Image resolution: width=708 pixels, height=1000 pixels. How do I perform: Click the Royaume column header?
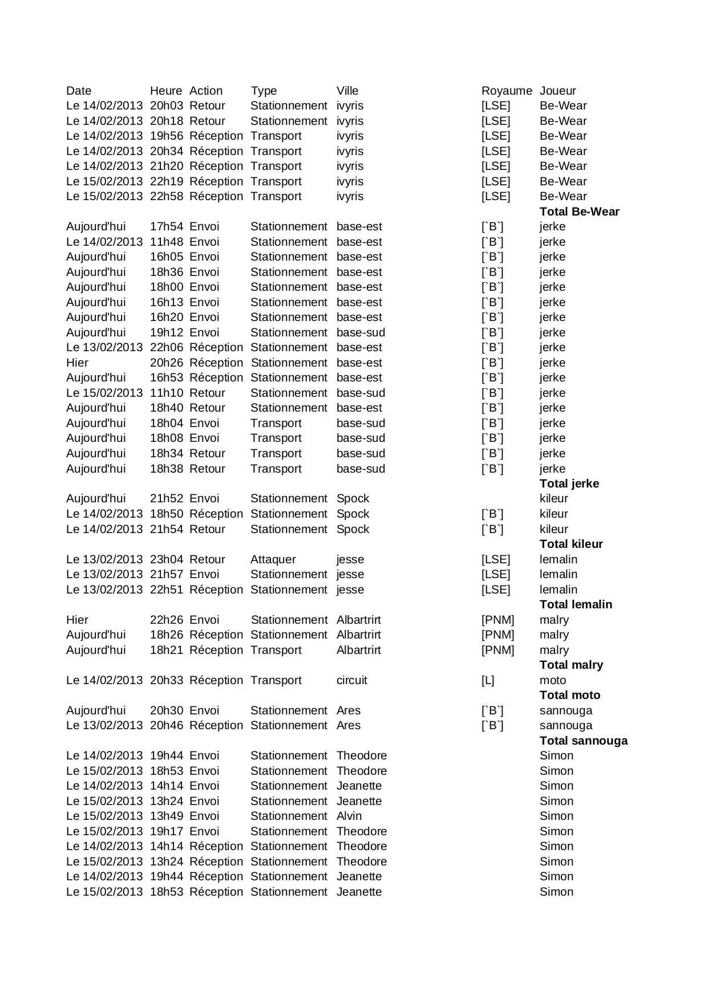(x=506, y=91)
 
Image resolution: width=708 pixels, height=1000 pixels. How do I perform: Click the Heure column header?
(x=165, y=91)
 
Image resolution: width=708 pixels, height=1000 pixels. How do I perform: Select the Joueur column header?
(x=557, y=91)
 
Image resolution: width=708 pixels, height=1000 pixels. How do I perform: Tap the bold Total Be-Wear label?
(x=579, y=212)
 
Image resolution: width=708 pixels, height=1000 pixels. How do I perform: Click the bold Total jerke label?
(x=569, y=483)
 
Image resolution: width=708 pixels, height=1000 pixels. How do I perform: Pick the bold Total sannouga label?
(x=583, y=741)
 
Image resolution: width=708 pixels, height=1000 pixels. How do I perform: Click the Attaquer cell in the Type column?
(x=273, y=559)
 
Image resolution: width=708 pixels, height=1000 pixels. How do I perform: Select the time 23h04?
(x=166, y=559)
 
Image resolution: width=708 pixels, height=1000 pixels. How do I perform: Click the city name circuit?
(x=351, y=680)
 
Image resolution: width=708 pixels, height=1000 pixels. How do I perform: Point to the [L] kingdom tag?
(x=488, y=680)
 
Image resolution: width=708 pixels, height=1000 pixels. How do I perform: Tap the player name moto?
(x=552, y=680)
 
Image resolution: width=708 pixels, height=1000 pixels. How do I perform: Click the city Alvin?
(x=349, y=816)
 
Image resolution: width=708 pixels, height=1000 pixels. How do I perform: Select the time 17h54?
(x=166, y=226)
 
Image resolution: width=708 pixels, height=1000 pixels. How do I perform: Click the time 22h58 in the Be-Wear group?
(x=166, y=196)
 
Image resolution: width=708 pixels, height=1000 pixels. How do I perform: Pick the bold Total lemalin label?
(x=576, y=604)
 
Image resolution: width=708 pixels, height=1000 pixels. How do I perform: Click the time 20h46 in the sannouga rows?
(x=166, y=725)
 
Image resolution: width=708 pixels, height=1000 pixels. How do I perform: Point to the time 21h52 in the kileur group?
(x=166, y=498)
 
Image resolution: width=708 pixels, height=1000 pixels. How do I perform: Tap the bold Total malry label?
(x=571, y=665)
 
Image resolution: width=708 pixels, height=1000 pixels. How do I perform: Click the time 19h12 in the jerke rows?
(x=166, y=332)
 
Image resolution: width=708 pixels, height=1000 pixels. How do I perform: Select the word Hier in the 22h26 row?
(x=77, y=620)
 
